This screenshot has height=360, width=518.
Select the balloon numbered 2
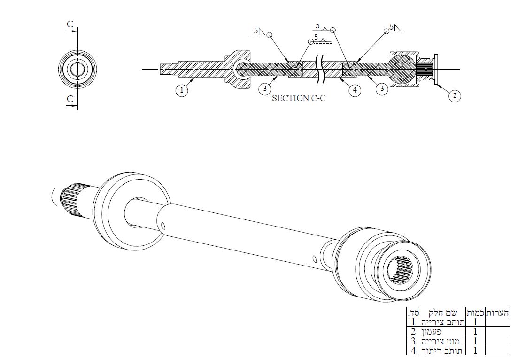tap(454, 96)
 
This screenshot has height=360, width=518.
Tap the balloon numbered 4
tap(355, 91)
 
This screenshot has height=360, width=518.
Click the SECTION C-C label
tap(299, 99)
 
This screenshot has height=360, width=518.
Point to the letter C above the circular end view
tap(70, 23)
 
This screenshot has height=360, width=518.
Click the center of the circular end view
tap(77, 68)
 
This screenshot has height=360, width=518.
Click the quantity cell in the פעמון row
tap(475, 331)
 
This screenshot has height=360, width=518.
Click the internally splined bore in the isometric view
tap(400, 270)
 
